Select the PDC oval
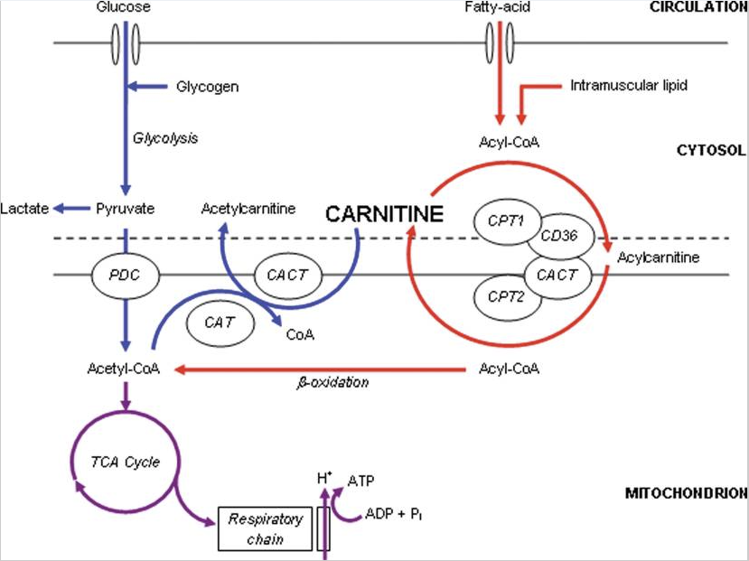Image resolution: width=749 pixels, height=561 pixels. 125,272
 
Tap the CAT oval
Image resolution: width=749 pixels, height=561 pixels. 220,321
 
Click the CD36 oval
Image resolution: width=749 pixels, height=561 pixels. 565,236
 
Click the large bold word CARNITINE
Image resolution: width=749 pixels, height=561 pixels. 385,214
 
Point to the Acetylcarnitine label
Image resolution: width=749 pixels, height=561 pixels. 248,209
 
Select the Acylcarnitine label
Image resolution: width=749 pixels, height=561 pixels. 659,258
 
